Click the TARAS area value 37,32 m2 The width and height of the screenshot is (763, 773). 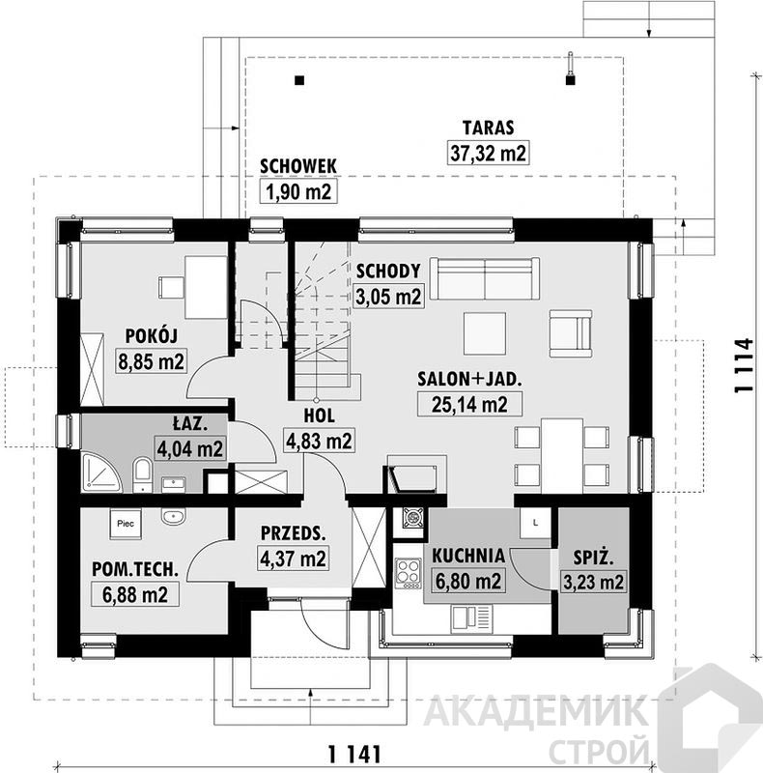[x=488, y=153]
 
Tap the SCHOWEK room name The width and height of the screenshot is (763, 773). [x=298, y=166]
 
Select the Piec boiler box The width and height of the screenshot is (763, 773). [x=126, y=524]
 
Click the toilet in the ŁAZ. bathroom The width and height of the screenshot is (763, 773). [x=143, y=474]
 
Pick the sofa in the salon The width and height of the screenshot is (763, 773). [x=485, y=278]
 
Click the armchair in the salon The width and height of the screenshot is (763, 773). [x=571, y=333]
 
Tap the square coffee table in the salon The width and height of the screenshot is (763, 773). [x=485, y=333]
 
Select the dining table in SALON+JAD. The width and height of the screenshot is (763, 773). [x=562, y=455]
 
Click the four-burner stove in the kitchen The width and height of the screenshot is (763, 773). [x=409, y=573]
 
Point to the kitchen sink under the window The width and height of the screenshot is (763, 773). [x=472, y=618]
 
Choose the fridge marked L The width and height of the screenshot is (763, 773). [x=535, y=523]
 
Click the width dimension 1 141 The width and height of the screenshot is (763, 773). [x=354, y=755]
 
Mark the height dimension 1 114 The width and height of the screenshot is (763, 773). [x=744, y=365]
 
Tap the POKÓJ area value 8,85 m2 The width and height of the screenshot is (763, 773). [x=151, y=361]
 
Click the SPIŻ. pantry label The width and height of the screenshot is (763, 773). [x=593, y=558]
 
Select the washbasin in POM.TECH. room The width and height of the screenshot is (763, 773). [x=173, y=517]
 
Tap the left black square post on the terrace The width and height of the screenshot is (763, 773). [x=299, y=80]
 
